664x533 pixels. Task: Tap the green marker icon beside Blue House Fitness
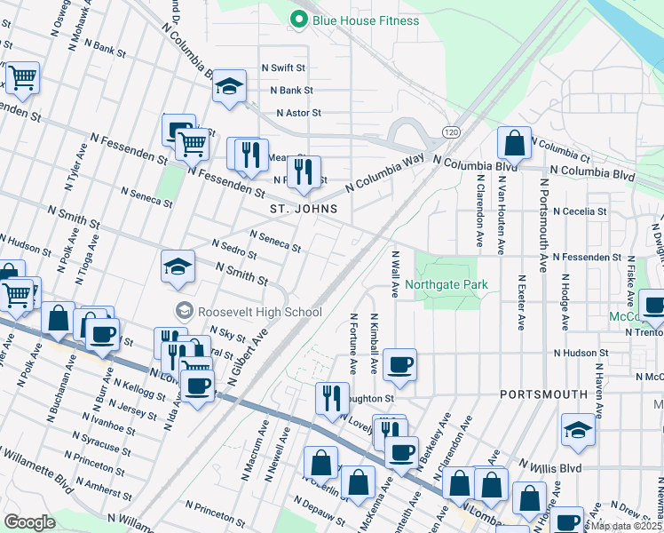[x=299, y=18]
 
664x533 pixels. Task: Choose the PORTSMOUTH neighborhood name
[x=543, y=394]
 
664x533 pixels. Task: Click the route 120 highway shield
[x=451, y=131]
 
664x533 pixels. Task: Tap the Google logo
[x=29, y=521]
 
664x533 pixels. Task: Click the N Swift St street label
[x=283, y=68]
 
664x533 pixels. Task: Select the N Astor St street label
[x=298, y=114]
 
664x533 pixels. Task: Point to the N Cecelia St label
[x=579, y=212]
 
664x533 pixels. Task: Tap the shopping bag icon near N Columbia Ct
[x=514, y=142]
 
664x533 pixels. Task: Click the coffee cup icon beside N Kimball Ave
[x=400, y=364]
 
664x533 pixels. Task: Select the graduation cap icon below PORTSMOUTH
[x=578, y=430]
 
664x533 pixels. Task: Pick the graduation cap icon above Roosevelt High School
[x=178, y=266]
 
